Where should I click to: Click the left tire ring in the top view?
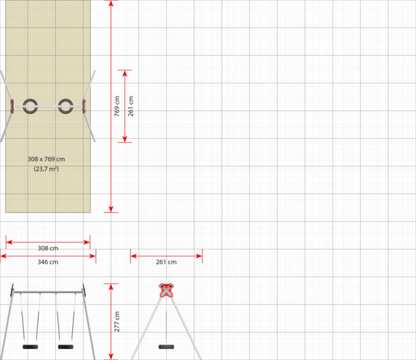[x=30, y=106]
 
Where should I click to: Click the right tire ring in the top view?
[x=66, y=106]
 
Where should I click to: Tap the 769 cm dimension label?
[x=117, y=106]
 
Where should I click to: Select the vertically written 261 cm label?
[x=130, y=106]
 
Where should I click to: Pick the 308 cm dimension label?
[x=48, y=249]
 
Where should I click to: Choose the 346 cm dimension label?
[x=48, y=262]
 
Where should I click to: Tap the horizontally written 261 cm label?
[x=166, y=262]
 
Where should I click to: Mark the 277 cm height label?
[x=117, y=321]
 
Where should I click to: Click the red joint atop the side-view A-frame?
[x=166, y=289]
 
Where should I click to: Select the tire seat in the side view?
[x=166, y=347]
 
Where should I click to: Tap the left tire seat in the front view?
[x=30, y=347]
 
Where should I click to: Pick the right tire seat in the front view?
[x=65, y=347]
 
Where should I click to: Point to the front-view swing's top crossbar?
[x=48, y=292]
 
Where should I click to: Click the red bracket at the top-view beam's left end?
[x=12, y=106]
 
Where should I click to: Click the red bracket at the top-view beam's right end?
[x=84, y=106]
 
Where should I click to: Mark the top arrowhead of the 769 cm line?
[x=111, y=3]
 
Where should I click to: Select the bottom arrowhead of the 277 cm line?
[x=111, y=356]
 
